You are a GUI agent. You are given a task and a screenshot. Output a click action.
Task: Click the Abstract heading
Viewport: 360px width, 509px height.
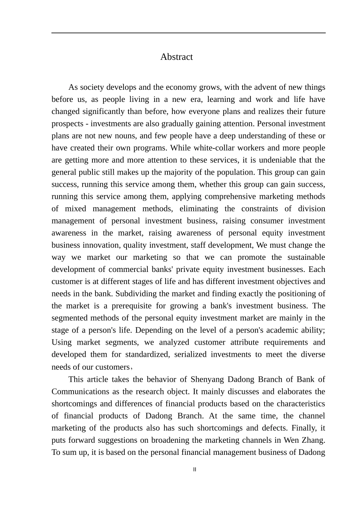[176, 57]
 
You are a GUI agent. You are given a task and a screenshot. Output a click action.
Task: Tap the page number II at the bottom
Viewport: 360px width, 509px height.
[195, 470]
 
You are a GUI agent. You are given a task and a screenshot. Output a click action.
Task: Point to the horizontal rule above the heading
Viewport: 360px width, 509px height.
[188, 33]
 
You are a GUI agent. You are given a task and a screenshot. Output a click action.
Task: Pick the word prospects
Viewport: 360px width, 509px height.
[67, 124]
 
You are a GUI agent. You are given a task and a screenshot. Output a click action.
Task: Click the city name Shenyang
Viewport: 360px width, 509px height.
[207, 379]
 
